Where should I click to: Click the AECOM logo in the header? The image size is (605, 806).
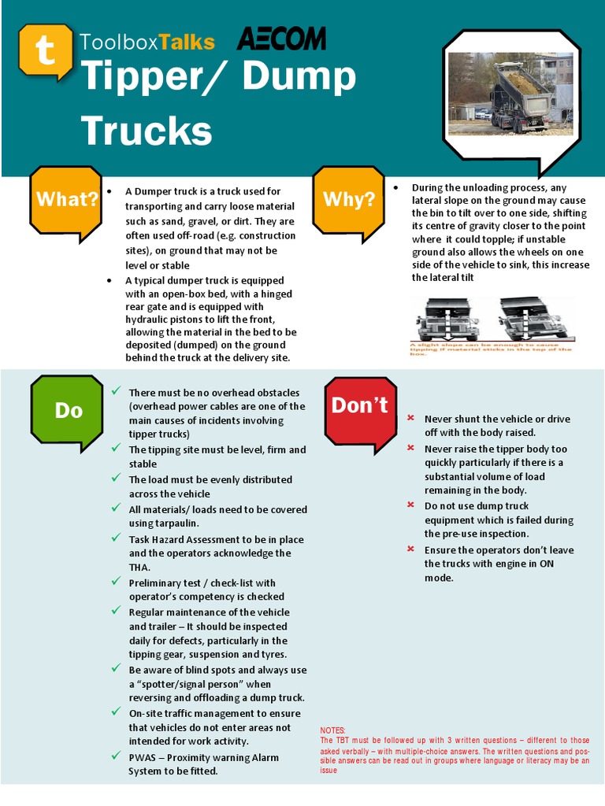[x=281, y=40]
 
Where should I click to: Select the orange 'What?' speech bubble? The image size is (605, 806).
[x=67, y=200]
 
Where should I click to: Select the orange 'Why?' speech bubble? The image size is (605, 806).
[x=349, y=200]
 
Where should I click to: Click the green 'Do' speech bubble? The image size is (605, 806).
[x=68, y=410]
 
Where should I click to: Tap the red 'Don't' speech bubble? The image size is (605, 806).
[x=359, y=406]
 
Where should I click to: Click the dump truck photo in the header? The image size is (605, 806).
[x=511, y=94]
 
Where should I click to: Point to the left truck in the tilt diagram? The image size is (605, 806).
[x=447, y=318]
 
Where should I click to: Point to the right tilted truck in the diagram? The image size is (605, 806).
[x=533, y=318]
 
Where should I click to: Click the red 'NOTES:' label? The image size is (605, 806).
[x=334, y=730]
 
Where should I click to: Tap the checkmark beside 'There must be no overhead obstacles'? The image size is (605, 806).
[x=116, y=391]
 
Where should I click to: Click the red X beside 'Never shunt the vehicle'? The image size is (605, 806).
[x=410, y=418]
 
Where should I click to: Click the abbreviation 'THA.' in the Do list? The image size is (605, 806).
[x=139, y=567]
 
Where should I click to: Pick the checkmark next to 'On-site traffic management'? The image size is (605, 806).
[x=116, y=712]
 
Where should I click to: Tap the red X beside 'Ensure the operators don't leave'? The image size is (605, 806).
[x=410, y=549]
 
